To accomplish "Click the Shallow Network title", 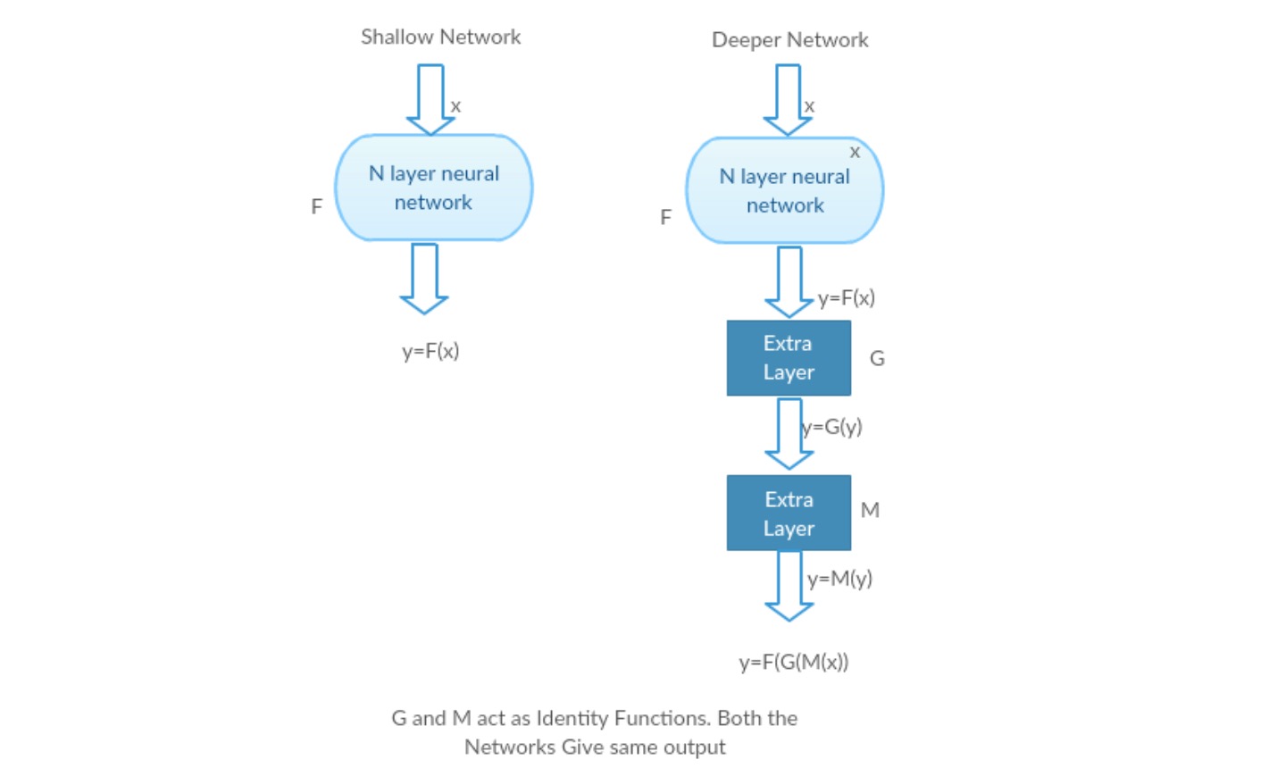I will pyautogui.click(x=440, y=37).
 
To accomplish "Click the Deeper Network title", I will pyautogui.click(x=789, y=39).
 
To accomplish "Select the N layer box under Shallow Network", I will pyautogui.click(x=433, y=188).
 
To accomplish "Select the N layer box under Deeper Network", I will pyautogui.click(x=784, y=190).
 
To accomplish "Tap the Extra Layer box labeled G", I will pyautogui.click(x=789, y=358).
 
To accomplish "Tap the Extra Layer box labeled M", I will pyautogui.click(x=789, y=513).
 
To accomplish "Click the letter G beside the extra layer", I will pyautogui.click(x=877, y=358).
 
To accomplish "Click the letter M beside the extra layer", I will pyautogui.click(x=870, y=510).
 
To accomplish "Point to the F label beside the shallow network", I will pyautogui.click(x=316, y=206).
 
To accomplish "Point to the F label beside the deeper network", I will pyautogui.click(x=665, y=217).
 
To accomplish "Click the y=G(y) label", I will pyautogui.click(x=832, y=427).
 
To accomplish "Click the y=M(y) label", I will pyautogui.click(x=839, y=579).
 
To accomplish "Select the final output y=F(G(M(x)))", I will pyautogui.click(x=793, y=662).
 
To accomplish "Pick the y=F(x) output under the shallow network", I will pyautogui.click(x=430, y=351).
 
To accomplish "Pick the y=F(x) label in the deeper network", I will pyautogui.click(x=846, y=297).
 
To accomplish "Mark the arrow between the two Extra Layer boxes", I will pyautogui.click(x=789, y=433).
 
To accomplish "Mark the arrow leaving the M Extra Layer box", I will pyautogui.click(x=789, y=586).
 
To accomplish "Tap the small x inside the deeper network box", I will pyautogui.click(x=855, y=152).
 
